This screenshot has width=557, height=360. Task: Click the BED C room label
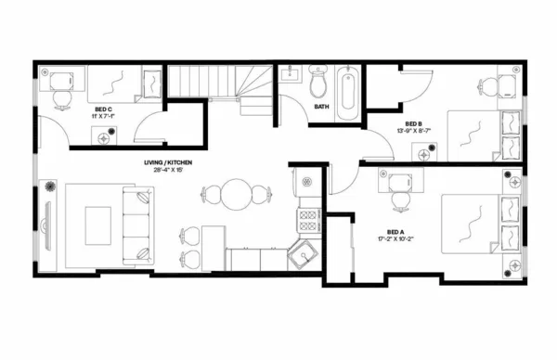[x=103, y=109]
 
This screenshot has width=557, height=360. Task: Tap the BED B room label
[x=413, y=124]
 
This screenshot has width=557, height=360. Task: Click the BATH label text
[x=322, y=107]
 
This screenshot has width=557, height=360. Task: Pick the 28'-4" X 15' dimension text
[x=167, y=171]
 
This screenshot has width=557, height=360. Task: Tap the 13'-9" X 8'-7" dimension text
[x=413, y=132]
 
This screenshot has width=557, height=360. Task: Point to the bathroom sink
[x=289, y=73]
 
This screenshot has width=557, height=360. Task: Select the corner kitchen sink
[x=302, y=253]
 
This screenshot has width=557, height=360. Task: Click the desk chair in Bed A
[x=399, y=197]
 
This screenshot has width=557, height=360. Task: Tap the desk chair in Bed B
[x=489, y=86]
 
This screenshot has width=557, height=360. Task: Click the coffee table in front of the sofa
[x=97, y=224]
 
